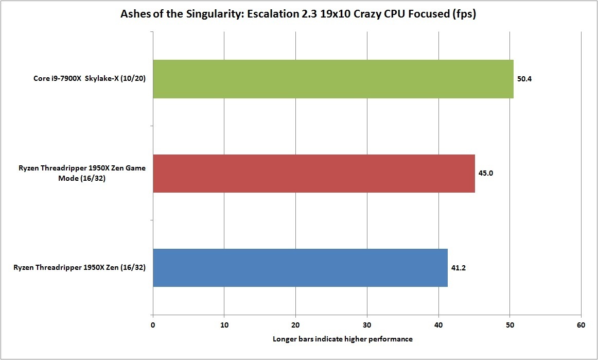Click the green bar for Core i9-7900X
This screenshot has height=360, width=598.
(333, 79)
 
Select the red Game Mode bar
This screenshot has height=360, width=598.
(314, 173)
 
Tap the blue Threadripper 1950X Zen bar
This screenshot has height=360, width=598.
(300, 268)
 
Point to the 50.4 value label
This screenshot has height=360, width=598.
(524, 79)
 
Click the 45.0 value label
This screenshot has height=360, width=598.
(486, 174)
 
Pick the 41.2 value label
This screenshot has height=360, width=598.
(459, 268)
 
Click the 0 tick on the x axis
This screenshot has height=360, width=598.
(153, 325)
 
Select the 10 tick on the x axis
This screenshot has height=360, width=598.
(224, 325)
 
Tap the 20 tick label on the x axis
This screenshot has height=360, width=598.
(295, 325)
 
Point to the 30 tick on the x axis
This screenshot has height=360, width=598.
(367, 325)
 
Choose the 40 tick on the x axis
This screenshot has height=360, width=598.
(438, 325)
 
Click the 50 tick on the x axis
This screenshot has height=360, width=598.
(509, 325)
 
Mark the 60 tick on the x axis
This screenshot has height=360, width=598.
(581, 325)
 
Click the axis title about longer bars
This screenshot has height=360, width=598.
(342, 339)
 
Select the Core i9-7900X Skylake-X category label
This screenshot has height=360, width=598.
(87, 79)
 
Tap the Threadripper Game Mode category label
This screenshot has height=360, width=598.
(82, 174)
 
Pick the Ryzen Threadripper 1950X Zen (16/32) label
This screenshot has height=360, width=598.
(79, 268)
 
